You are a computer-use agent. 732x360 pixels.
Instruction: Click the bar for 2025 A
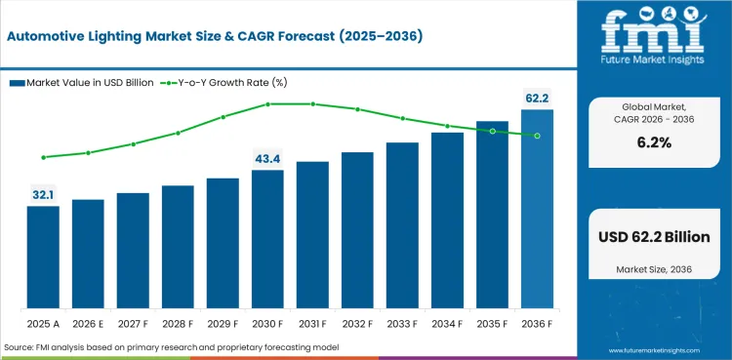coord(43,256)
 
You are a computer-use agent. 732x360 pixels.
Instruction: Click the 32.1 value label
coord(43,195)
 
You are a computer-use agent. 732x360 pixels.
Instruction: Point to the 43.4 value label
coord(267,159)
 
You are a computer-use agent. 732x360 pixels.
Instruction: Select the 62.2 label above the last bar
coord(537,99)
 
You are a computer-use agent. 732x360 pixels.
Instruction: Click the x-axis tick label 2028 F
coord(178,323)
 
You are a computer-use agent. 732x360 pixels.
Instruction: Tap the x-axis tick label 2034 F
coord(447,323)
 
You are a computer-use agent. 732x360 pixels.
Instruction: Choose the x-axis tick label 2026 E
coord(88,323)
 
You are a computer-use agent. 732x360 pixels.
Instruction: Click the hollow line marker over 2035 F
coord(492,131)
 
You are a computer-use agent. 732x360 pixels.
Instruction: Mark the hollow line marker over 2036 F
coord(537,136)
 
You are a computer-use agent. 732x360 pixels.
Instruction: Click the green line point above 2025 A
coord(43,157)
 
